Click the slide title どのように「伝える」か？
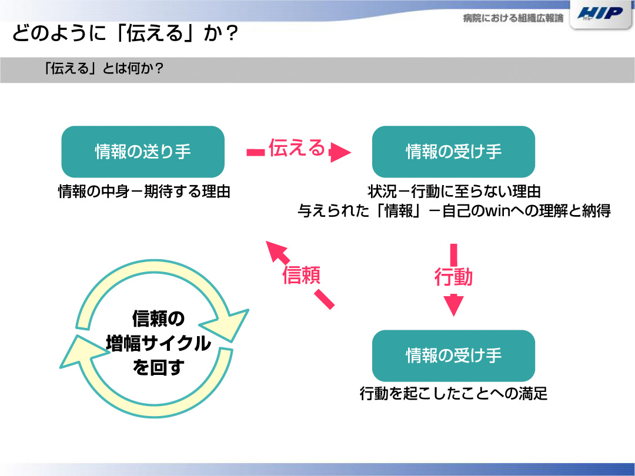(125, 33)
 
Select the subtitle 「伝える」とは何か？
(103, 68)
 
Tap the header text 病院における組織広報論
(513, 18)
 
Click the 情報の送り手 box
(143, 152)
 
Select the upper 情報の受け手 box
(453, 152)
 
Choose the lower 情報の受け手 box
(453, 356)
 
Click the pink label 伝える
(297, 148)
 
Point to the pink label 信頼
(301, 275)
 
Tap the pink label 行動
(453, 277)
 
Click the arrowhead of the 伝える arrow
(340, 152)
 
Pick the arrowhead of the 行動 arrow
(453, 306)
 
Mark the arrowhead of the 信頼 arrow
(277, 252)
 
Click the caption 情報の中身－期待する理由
(144, 192)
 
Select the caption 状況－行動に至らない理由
(454, 192)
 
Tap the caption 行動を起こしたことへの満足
(453, 393)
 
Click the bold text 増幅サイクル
(158, 343)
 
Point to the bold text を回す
(158, 367)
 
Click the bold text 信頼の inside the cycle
(158, 319)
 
